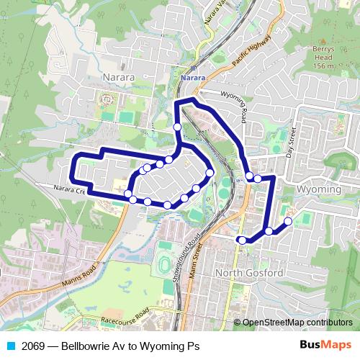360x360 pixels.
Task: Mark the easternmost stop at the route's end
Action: [x=288, y=221]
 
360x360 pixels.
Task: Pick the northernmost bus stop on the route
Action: [x=178, y=127]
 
